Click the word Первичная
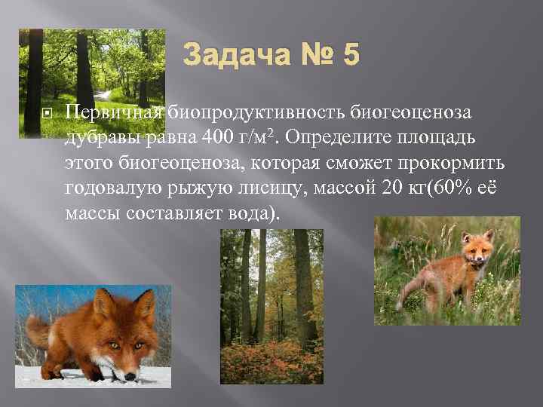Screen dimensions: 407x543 pos(115,113)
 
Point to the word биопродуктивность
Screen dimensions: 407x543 pos(256,113)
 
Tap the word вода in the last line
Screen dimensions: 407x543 pos(252,213)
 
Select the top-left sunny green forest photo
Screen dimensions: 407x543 pos(91,83)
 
